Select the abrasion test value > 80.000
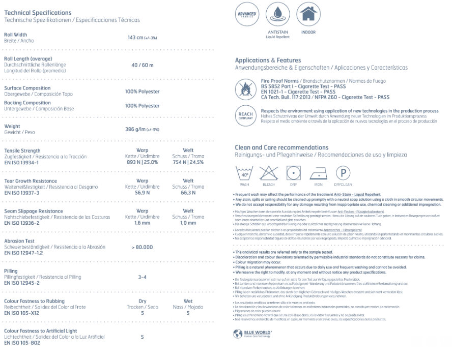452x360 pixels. pos(143,247)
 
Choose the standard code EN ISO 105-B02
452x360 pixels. pos(24,343)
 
